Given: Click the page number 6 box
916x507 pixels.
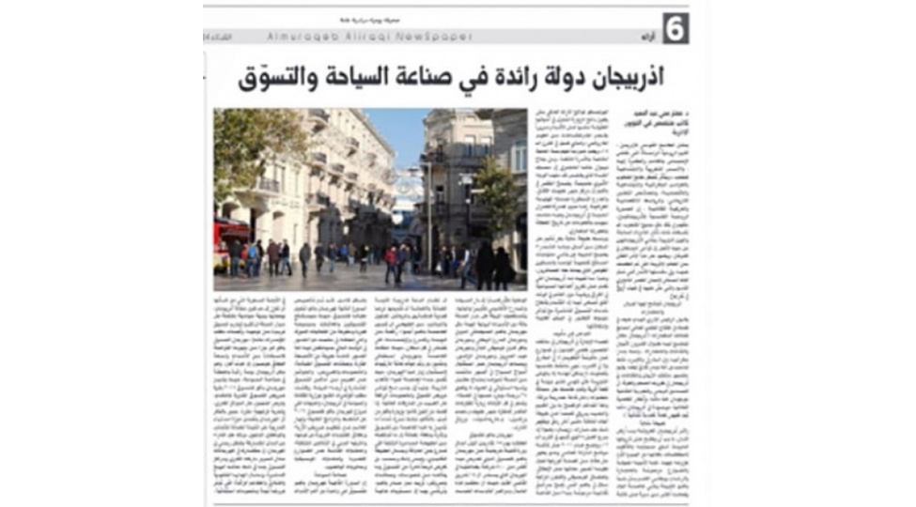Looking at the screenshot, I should coord(675,28).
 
